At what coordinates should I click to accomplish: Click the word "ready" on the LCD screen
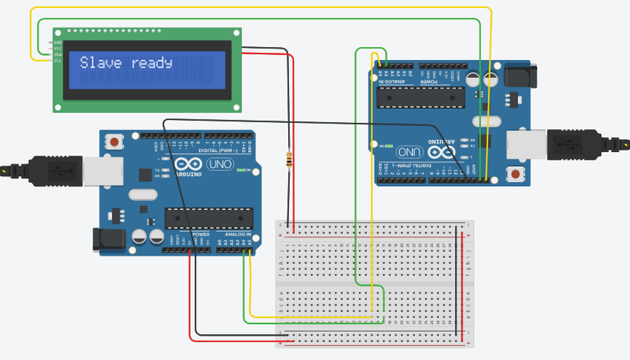click(152, 64)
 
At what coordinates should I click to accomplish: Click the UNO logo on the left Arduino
click(217, 165)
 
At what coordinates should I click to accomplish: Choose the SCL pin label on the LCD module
click(57, 61)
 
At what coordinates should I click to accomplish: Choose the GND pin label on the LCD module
click(57, 42)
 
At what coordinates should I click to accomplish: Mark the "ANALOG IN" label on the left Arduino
click(238, 235)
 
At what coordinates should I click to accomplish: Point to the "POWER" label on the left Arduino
click(201, 235)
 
